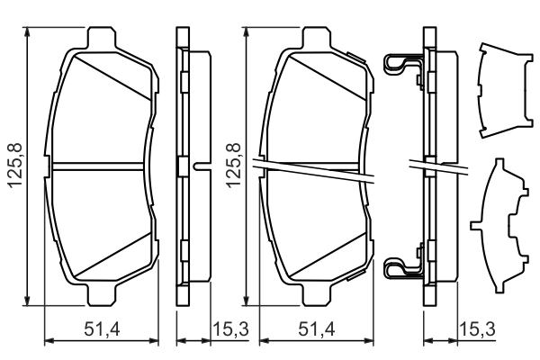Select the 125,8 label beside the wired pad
(x=233, y=166)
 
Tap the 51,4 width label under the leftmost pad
(x=101, y=330)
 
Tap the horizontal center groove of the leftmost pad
(x=99, y=166)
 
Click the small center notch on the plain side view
(x=198, y=166)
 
